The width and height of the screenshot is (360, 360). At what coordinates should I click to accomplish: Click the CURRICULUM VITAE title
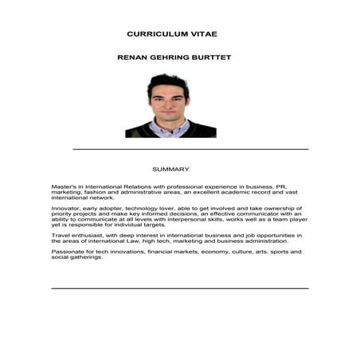pyautogui.click(x=172, y=34)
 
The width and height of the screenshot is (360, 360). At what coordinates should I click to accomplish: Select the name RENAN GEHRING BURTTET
pyautogui.click(x=174, y=58)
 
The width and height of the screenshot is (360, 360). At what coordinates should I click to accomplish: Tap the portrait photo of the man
pyautogui.click(x=170, y=105)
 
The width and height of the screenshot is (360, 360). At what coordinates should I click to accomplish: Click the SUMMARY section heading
pyautogui.click(x=170, y=169)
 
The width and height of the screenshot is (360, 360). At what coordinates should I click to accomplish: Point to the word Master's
pyautogui.click(x=65, y=186)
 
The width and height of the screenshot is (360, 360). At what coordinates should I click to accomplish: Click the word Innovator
pyautogui.click(x=66, y=208)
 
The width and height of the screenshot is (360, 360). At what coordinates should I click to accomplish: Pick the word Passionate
pyautogui.click(x=68, y=252)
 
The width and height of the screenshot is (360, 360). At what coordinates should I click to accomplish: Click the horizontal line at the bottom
pyautogui.click(x=179, y=288)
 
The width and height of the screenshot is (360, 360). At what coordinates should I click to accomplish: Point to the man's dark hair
pyautogui.click(x=168, y=80)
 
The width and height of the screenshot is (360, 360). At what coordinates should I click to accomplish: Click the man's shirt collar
pyautogui.click(x=168, y=125)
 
